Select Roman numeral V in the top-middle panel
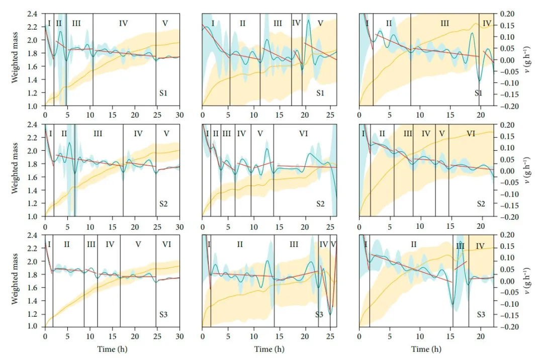320,23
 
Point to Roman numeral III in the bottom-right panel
461,246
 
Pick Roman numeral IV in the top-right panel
487,24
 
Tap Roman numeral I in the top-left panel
49,23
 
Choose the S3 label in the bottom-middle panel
319,315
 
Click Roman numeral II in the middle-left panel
63,133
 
